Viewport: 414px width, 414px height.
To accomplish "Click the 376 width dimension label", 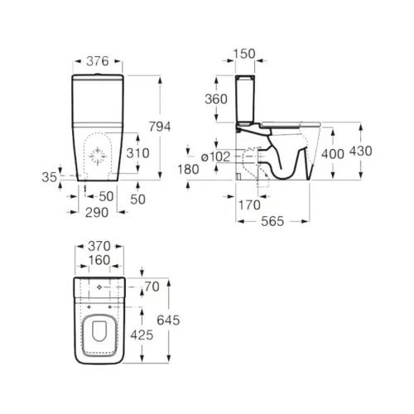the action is [98, 61].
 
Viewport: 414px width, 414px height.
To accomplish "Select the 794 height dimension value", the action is [160, 127].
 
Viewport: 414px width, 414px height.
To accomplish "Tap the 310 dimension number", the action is [137, 153].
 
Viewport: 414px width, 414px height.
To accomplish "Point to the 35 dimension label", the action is [50, 177].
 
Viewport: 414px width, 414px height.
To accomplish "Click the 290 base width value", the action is [97, 213].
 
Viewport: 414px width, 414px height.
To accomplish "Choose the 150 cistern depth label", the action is [244, 54].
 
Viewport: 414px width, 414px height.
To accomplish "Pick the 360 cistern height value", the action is [216, 99].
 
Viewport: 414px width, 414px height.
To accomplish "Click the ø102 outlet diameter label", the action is [216, 157].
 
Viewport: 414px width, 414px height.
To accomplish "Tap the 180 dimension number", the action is [188, 169].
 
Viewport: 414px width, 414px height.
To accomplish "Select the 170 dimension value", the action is [249, 205].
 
